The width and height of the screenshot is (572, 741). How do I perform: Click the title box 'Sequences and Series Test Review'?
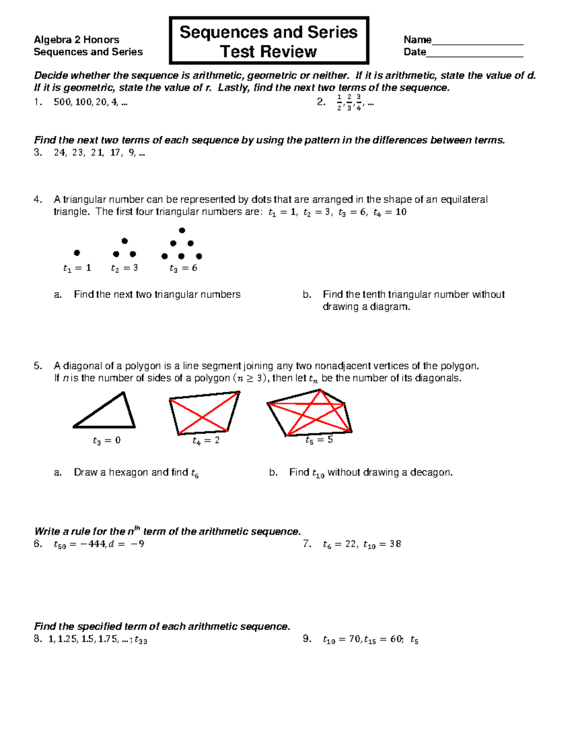pos(269,41)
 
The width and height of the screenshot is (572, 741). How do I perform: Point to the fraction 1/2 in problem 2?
pos(339,102)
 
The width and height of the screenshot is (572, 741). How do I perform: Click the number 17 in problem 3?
pos(115,153)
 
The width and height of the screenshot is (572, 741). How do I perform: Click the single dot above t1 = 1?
pos(77,253)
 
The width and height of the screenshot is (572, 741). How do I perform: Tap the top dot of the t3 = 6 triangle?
pos(182,231)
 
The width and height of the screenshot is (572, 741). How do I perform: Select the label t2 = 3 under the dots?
pos(124,268)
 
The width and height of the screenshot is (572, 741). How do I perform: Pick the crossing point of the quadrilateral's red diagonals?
pos(204,417)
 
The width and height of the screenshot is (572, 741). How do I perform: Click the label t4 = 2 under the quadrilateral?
pos(206,440)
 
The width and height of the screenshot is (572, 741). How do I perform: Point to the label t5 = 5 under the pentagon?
pos(319,440)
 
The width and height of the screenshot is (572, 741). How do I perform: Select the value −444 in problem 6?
pos(93,544)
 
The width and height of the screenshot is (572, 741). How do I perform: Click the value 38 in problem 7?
pos(395,544)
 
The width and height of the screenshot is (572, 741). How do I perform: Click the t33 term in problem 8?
pos(141,640)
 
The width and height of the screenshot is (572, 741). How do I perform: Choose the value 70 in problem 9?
pos(355,639)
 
